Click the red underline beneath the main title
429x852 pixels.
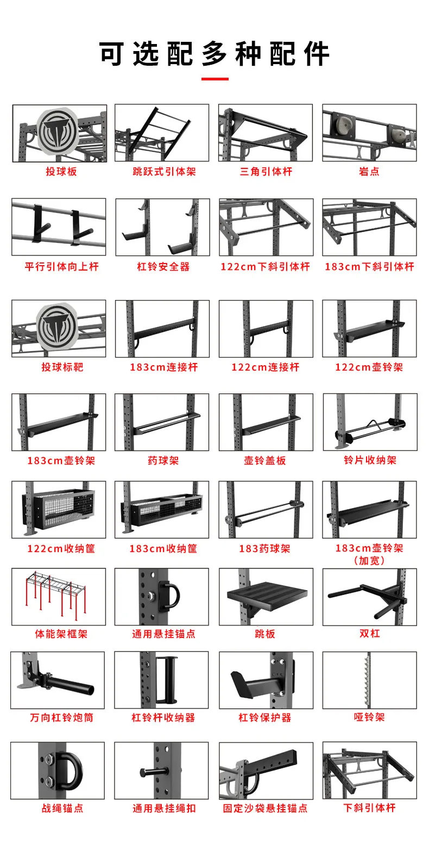(x=214, y=79)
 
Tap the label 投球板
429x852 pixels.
(x=61, y=172)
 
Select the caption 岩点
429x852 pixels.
(x=369, y=172)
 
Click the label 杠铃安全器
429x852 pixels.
(x=163, y=267)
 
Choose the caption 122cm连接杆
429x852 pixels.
(x=266, y=367)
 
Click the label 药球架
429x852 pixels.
(x=163, y=461)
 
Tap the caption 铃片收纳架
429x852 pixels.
(x=370, y=460)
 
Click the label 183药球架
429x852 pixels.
(x=265, y=548)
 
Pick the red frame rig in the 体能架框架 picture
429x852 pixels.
(x=55, y=593)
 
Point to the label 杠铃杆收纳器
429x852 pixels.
(x=163, y=718)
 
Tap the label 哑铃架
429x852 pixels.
(x=369, y=717)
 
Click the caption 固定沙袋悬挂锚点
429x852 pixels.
(x=265, y=809)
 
